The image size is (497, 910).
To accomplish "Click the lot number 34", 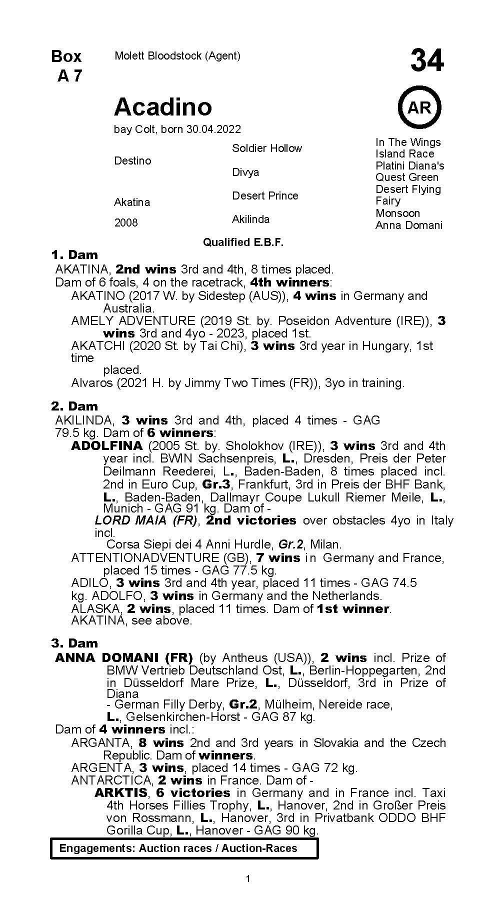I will click(426, 60).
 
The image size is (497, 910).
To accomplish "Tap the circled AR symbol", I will click(419, 107).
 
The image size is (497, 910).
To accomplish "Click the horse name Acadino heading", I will click(163, 106).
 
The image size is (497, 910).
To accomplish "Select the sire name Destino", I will click(132, 160).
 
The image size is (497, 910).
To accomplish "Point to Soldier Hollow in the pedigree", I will click(267, 148).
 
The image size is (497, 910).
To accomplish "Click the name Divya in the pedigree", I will click(245, 172).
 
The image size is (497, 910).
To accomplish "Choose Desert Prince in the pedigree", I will click(265, 195).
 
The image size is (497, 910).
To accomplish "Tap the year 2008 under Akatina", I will click(126, 222).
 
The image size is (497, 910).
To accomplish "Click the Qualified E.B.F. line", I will click(243, 242).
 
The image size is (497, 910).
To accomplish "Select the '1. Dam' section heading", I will click(74, 255).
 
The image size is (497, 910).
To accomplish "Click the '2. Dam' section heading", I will click(74, 406).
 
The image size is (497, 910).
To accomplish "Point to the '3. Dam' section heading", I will click(74, 643).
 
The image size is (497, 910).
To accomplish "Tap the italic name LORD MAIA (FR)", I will click(147, 520).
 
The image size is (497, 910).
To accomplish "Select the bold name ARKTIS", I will click(121, 792).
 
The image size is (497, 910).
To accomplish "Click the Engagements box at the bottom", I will click(184, 848).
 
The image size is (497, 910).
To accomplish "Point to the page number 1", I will click(248, 879).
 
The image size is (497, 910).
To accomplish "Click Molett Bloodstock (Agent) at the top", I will click(177, 56).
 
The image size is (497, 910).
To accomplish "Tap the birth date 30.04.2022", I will click(213, 129).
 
